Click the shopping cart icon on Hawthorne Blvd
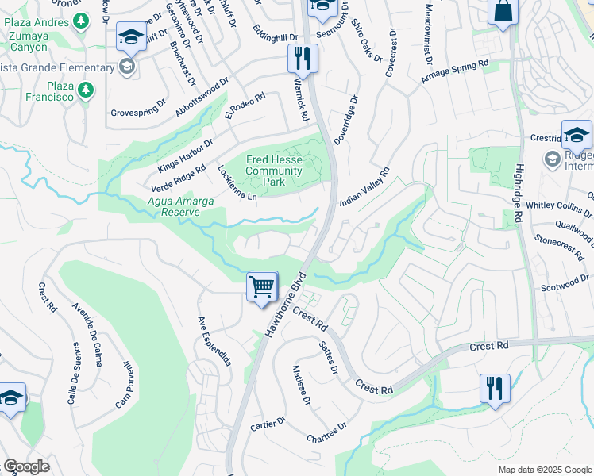point(262,286)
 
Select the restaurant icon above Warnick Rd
point(302,58)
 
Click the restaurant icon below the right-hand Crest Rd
point(495,389)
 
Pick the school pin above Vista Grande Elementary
point(131,36)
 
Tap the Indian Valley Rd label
point(364,187)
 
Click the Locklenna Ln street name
point(237,182)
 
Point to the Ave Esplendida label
point(214,341)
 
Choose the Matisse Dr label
point(300,386)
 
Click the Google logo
point(26,466)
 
